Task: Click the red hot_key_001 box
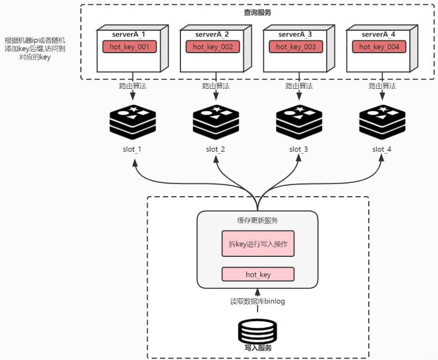(129, 47)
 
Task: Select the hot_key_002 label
(212, 47)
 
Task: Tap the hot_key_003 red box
(296, 47)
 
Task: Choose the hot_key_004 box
(379, 47)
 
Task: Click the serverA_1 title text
(128, 35)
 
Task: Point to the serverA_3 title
(295, 35)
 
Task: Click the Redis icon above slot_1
(133, 122)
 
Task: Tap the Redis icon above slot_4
(382, 122)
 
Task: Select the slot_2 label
(216, 149)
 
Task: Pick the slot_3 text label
(299, 149)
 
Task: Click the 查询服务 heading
(257, 12)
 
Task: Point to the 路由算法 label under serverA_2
(216, 86)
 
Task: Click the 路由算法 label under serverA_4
(382, 86)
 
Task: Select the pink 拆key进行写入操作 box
(258, 244)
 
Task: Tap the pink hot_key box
(258, 274)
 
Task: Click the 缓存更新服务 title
(257, 221)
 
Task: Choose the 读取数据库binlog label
(257, 302)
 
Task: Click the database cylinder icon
(258, 331)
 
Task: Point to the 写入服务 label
(258, 348)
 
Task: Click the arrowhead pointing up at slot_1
(135, 163)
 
